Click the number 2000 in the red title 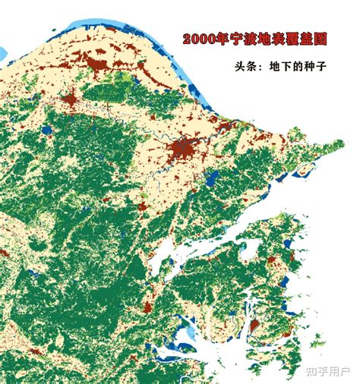[x=196, y=39]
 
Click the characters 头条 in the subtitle [x=247, y=66]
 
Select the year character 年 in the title [x=217, y=39]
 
